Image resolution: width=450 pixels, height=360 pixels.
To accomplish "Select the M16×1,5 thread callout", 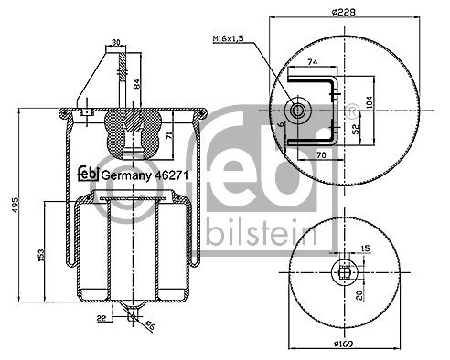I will point(226,38).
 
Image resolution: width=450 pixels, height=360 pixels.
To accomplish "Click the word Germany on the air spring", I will point(119,174).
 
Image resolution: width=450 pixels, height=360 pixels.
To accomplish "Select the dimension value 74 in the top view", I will point(312,63).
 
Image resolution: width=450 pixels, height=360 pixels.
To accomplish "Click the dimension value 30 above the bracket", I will point(116,42).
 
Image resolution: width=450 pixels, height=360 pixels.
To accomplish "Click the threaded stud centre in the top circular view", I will point(299,111).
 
